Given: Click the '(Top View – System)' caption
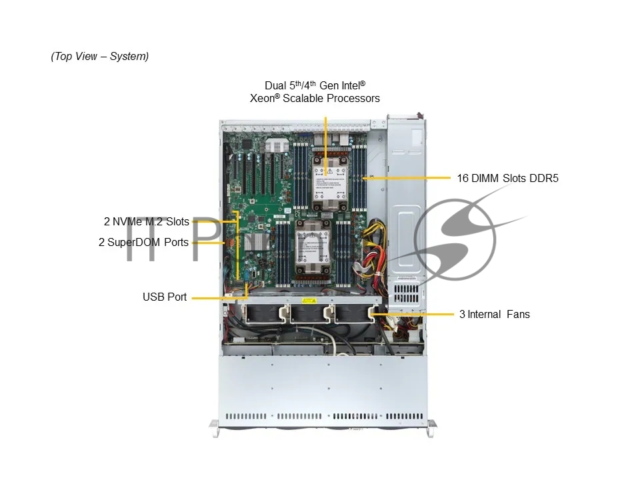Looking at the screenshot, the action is click(x=99, y=56).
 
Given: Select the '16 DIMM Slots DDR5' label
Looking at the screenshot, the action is click(x=507, y=179).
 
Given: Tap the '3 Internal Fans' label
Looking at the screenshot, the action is click(x=494, y=314).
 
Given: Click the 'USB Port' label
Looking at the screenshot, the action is click(x=165, y=297).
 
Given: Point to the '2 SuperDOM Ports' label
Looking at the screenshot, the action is click(x=143, y=242).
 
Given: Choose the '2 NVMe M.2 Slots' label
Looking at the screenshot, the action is click(x=147, y=221).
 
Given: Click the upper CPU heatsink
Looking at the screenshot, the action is click(x=329, y=182).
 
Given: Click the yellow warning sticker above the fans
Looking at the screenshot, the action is click(x=309, y=301).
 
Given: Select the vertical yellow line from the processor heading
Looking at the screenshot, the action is click(x=326, y=146).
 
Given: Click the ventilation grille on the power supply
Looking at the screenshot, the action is click(x=406, y=293).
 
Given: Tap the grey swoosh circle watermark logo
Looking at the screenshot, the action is click(x=455, y=239).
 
